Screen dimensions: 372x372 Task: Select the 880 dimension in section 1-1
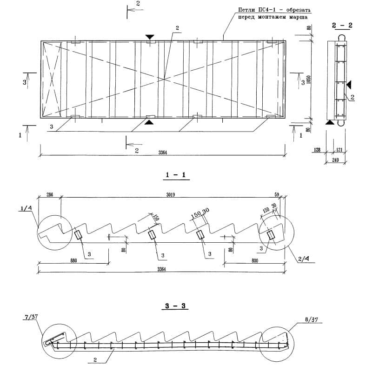pos(73,261)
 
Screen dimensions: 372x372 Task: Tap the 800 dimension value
pos(255,261)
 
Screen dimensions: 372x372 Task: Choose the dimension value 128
pos(318,150)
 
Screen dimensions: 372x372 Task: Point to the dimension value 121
pos(339,150)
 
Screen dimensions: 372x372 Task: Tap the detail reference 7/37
pos(29,318)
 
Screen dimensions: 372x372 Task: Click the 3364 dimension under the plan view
pos(163,152)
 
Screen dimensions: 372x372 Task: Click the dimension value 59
pos(277,194)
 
